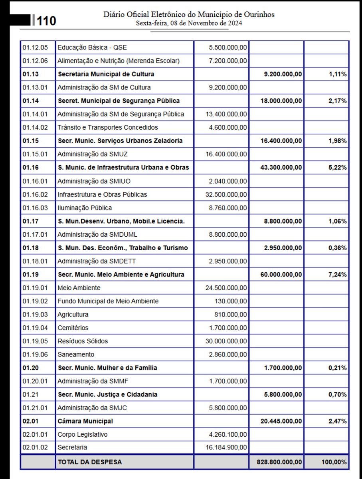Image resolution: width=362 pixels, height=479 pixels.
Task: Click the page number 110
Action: tap(47, 21)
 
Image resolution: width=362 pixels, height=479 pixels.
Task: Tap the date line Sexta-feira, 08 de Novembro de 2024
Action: tap(189, 23)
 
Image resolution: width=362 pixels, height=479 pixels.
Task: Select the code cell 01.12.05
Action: tap(35, 48)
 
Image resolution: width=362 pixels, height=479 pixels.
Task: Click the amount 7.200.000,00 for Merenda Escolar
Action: tap(227, 61)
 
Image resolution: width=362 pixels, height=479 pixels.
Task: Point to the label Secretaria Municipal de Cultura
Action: tap(106, 74)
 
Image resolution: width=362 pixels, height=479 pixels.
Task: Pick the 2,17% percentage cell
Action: tap(337, 101)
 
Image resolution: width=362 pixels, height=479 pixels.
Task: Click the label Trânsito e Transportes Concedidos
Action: tap(107, 127)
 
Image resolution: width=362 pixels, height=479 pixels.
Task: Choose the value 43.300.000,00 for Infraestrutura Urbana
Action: tap(281, 168)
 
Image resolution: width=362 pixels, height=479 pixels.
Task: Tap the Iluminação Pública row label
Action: tap(85, 208)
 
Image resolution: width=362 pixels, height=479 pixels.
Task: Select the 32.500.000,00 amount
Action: tap(226, 194)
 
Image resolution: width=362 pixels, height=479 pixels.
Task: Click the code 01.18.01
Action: tap(35, 261)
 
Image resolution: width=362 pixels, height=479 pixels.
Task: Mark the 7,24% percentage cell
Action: tap(337, 275)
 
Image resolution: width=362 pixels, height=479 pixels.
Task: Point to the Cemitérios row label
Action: tap(73, 328)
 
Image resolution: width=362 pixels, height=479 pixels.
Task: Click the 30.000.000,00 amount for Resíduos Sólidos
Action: tap(226, 341)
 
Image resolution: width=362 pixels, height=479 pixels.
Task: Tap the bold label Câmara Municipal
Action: tap(85, 421)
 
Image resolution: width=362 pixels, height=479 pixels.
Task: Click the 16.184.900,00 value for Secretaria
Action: tap(226, 447)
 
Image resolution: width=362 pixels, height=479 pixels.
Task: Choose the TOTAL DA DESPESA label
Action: tap(90, 462)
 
